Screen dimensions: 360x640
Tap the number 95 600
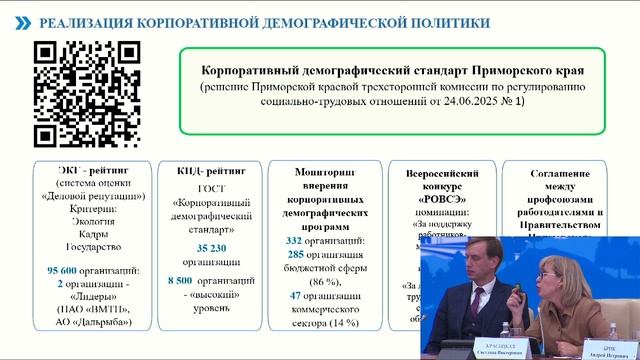[65, 271]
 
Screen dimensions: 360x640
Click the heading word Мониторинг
[325, 171]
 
